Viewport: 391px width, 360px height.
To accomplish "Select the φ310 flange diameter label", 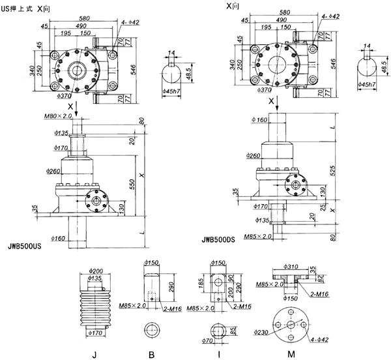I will pyautogui.click(x=293, y=267).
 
